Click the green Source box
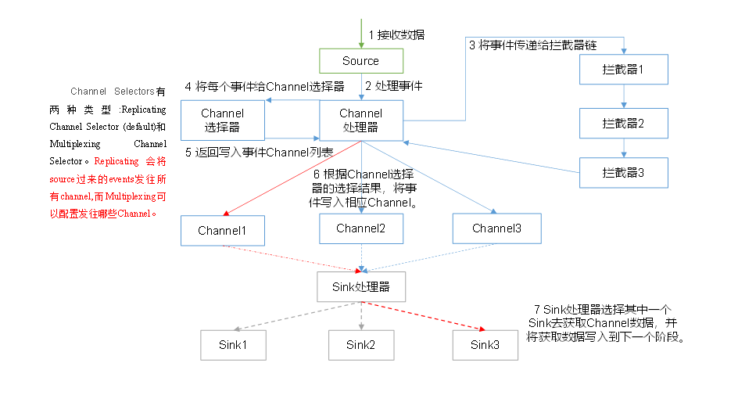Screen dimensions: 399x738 coord(360,61)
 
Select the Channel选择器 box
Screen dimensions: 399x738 coord(223,119)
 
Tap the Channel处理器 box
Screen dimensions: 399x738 coord(360,120)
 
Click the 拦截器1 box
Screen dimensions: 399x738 coord(623,70)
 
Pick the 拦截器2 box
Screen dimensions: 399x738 coord(623,124)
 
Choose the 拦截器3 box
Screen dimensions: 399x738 coord(623,173)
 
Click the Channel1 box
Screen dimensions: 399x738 coord(222,231)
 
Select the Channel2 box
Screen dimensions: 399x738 coord(360,228)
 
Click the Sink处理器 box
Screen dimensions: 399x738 coord(360,286)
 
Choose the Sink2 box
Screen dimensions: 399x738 coord(360,344)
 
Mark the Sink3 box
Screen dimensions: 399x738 coord(484,344)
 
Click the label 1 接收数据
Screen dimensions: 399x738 coord(396,34)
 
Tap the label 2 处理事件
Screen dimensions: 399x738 coord(395,85)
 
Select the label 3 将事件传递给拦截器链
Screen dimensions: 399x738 coord(532,45)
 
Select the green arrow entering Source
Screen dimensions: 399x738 coord(360,34)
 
